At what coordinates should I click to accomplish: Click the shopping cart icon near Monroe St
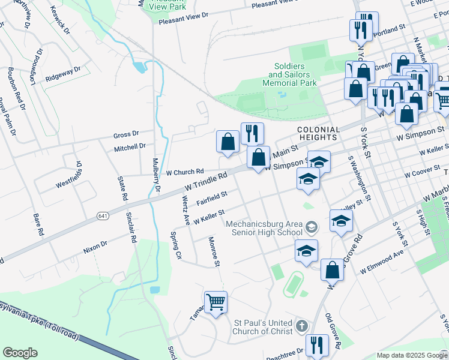215,302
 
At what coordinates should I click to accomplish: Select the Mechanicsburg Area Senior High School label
264,228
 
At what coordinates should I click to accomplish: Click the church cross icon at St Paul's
301,326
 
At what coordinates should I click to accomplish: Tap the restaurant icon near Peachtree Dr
317,345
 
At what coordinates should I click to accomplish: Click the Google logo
20,352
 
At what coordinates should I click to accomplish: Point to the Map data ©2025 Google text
412,355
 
